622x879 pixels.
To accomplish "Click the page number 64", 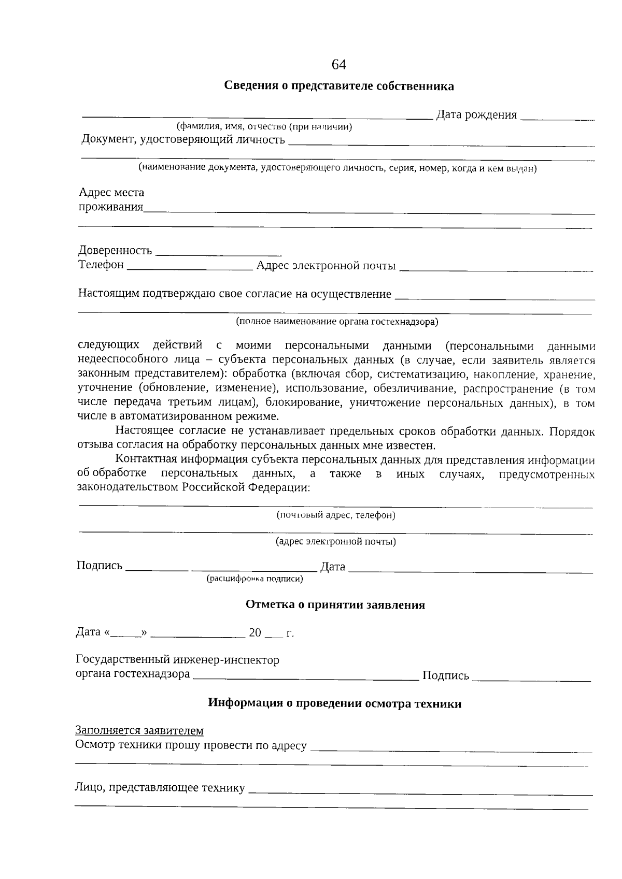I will (338, 65).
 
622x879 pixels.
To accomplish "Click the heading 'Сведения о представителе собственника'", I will (339, 86).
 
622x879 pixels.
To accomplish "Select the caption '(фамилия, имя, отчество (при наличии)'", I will (264, 126).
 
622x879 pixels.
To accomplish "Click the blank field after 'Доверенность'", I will (218, 253).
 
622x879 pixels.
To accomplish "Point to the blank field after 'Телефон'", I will (189, 267).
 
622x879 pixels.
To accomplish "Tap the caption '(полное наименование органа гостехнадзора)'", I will (337, 322).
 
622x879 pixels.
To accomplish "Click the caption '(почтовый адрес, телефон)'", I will (335, 515).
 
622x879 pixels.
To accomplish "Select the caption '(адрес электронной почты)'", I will (335, 542).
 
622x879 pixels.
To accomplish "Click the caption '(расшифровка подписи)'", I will (255, 579).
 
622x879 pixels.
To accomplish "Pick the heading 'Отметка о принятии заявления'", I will (335, 605).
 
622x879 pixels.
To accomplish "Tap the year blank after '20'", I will (273, 635).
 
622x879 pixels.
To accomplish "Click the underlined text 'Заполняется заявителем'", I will (139, 730).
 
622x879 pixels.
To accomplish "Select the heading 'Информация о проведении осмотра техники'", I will (335, 703).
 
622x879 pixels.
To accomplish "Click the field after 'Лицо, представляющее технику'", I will (420, 790).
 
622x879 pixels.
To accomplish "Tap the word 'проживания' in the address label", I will (111, 208).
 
